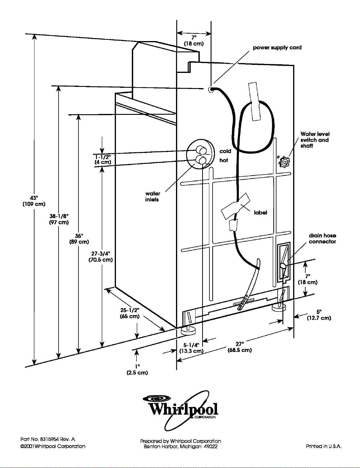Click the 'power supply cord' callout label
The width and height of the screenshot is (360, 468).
coord(277,48)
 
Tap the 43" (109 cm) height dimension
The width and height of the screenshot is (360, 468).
coord(34,201)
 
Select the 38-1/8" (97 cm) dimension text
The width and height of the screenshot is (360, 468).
coord(59,219)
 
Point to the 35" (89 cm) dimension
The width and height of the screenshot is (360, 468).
coord(79,239)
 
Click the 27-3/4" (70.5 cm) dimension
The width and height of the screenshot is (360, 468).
coord(101,257)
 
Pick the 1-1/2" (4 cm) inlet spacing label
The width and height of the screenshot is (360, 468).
coord(103,159)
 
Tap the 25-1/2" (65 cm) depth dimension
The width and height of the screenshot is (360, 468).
coord(130,313)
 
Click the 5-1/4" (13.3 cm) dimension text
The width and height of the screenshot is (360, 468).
coord(191,348)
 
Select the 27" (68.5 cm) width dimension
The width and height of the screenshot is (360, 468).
coord(240,347)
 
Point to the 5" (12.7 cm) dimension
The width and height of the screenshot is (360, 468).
coord(319,315)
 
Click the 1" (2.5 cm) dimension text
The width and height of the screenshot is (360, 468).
coord(137,370)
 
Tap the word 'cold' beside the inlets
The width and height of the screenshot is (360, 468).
coord(225,151)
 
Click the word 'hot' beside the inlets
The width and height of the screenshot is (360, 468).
coord(224,160)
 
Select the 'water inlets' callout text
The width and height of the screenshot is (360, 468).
coord(152,197)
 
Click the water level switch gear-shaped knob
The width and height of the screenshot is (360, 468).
coord(284,162)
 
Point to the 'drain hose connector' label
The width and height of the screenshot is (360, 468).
coord(322,239)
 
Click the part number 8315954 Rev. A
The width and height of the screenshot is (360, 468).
coord(48,439)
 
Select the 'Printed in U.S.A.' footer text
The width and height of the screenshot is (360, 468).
coord(324,447)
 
